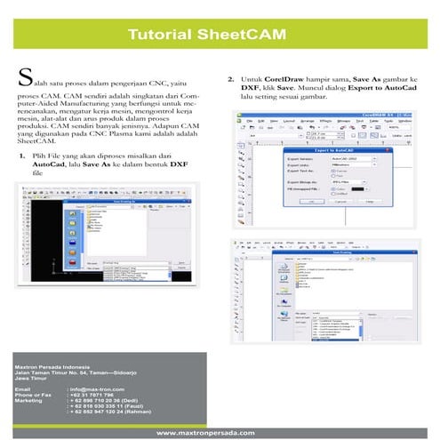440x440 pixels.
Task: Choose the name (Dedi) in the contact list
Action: tap(127, 400)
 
